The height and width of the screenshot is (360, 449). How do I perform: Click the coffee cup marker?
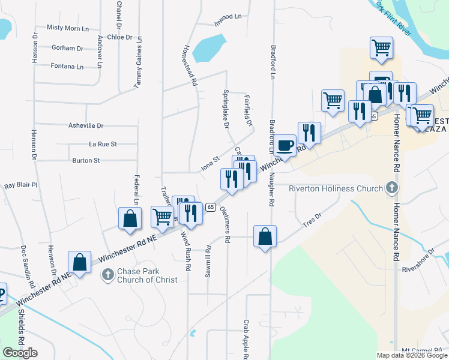tap(285, 145)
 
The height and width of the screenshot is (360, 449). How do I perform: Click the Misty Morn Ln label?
tap(68, 28)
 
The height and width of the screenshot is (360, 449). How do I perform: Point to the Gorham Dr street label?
tap(67, 48)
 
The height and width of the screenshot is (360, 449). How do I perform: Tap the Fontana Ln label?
tap(67, 67)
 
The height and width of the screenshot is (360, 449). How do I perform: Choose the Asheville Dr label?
tap(87, 126)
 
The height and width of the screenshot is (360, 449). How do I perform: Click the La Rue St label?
tap(103, 144)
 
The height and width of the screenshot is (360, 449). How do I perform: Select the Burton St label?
tap(86, 161)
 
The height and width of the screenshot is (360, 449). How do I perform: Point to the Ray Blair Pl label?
tap(21, 185)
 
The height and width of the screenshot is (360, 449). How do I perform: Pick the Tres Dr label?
tap(313, 221)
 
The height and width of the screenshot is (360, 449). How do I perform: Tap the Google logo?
tap(20, 353)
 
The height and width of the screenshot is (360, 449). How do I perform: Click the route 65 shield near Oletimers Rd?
tap(211, 207)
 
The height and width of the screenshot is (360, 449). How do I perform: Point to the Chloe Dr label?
tap(119, 37)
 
